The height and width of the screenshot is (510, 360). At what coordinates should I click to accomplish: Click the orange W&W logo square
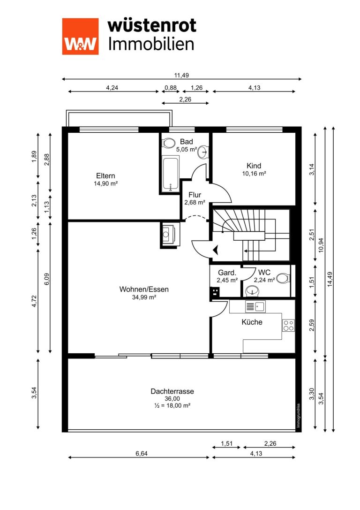(x=80, y=36)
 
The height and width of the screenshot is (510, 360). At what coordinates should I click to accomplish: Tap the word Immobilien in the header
(x=151, y=44)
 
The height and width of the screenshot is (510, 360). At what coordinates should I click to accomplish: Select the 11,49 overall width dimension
(x=181, y=75)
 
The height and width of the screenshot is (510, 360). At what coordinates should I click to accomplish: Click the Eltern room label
(x=105, y=175)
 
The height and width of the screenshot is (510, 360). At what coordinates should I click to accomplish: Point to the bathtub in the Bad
(x=171, y=175)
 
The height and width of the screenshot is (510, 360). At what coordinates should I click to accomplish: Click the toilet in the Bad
(x=168, y=143)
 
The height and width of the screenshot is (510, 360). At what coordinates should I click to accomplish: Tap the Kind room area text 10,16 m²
(x=254, y=174)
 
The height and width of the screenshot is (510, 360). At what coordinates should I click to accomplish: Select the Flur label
(x=195, y=195)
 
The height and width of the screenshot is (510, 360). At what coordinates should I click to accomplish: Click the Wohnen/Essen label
(x=144, y=289)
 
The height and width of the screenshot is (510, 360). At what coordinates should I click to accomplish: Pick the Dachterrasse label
(x=172, y=391)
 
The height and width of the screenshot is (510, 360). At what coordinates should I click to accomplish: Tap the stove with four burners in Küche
(x=288, y=326)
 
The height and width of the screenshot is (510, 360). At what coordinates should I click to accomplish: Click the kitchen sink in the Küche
(x=255, y=306)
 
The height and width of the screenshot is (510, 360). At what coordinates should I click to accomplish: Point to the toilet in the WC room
(x=283, y=278)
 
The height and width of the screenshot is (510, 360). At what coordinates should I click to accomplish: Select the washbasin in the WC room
(x=252, y=291)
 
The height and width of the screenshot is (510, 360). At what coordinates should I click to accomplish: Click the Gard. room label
(x=227, y=273)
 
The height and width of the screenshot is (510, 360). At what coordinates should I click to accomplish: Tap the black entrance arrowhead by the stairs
(x=216, y=250)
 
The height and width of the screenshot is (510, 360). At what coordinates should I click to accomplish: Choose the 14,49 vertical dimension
(x=330, y=279)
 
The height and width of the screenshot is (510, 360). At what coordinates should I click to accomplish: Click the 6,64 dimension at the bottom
(x=142, y=453)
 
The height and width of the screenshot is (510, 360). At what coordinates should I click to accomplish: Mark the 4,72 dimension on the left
(x=34, y=301)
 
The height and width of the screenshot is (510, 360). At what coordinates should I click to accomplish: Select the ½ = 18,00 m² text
(x=172, y=405)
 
